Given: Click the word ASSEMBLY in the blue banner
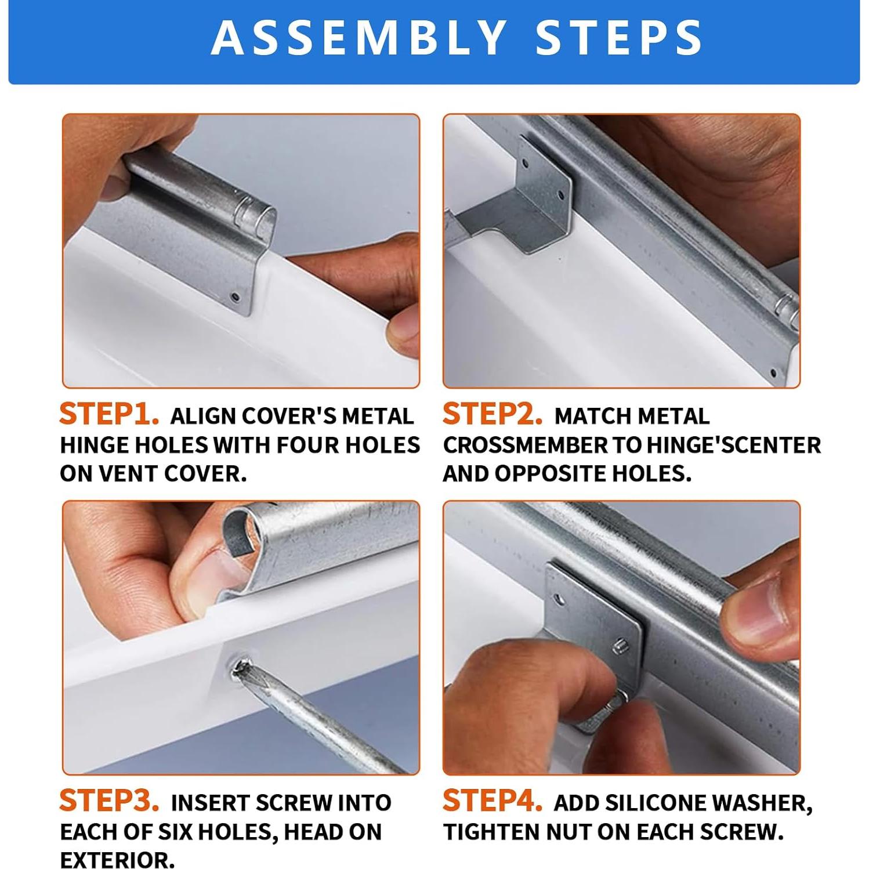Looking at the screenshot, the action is click(x=360, y=37).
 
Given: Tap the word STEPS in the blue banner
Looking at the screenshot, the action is click(x=620, y=37).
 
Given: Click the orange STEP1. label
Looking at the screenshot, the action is click(x=109, y=414).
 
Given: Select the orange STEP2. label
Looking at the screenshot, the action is click(x=493, y=414).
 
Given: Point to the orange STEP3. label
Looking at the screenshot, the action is click(x=109, y=801).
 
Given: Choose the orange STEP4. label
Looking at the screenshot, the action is click(x=493, y=801).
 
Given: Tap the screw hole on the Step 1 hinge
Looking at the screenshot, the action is click(x=236, y=298).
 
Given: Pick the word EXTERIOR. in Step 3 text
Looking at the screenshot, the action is click(x=117, y=860).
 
